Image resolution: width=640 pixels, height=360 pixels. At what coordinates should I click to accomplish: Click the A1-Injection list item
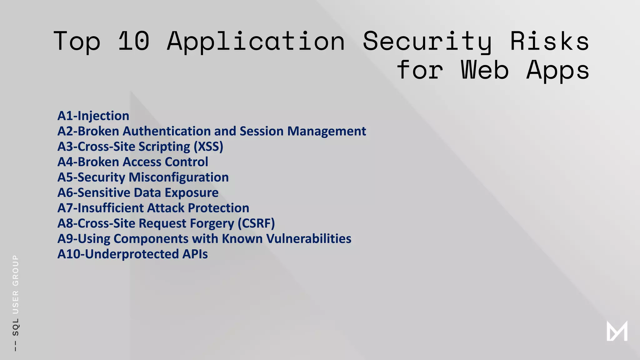[x=93, y=116]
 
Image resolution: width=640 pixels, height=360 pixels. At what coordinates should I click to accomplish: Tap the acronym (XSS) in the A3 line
[x=208, y=147]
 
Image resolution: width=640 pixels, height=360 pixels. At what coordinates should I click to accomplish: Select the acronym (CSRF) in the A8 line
[x=256, y=223]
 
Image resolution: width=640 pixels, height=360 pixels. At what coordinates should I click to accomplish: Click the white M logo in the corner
[x=617, y=331]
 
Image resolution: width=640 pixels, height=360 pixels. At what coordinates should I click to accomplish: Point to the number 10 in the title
[x=134, y=41]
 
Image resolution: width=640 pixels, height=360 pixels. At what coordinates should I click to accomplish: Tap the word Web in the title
[x=485, y=70]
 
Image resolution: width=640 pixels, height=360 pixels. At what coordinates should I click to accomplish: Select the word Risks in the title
[x=550, y=41]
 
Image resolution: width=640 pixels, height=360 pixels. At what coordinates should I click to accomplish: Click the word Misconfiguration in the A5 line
[x=179, y=177]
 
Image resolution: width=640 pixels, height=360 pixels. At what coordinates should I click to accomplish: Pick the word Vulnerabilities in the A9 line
[x=309, y=239]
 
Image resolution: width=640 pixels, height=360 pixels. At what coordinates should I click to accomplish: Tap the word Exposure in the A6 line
[x=192, y=193]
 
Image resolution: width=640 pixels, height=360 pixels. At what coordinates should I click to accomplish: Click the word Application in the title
[x=256, y=41]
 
